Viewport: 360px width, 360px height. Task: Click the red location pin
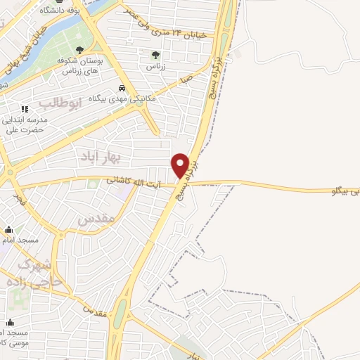click(x=181, y=165)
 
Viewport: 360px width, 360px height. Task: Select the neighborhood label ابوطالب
click(x=60, y=103)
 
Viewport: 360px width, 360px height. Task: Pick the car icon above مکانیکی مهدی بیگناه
click(x=122, y=88)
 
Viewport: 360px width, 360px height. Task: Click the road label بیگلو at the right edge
click(x=345, y=191)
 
